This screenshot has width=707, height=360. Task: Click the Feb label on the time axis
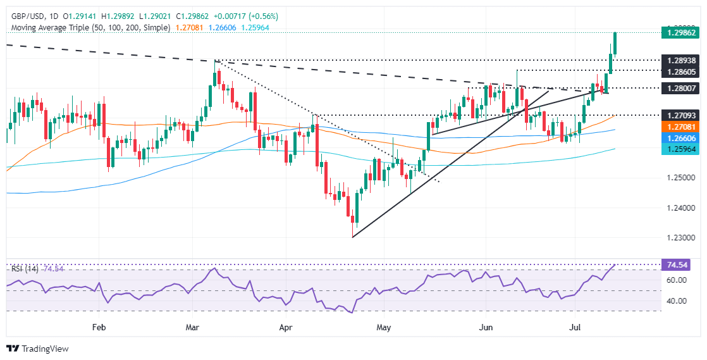pos(99,328)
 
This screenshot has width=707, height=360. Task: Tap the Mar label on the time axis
pos(192,328)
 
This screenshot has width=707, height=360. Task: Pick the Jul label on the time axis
pos(575,328)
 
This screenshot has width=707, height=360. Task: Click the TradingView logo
pos(37,349)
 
